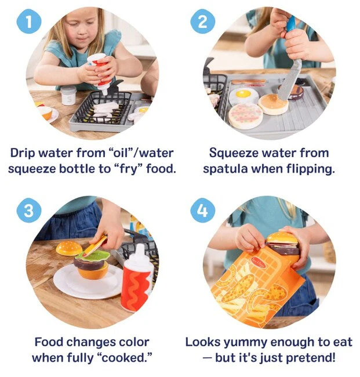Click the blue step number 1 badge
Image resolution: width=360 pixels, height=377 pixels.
click(29, 21)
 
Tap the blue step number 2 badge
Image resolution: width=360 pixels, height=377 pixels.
click(202, 21)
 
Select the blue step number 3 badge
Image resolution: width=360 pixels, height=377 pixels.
click(29, 211)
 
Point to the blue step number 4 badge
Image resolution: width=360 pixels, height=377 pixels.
click(202, 211)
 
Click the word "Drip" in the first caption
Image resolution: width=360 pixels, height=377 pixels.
click(23, 153)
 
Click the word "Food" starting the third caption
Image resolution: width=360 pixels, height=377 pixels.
click(49, 342)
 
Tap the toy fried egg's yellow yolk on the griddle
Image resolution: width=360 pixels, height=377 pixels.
click(243, 94)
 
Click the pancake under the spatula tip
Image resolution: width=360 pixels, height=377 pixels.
click(273, 104)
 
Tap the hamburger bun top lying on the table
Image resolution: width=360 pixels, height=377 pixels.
click(69, 248)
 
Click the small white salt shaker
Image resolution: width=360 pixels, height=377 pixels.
click(68, 95)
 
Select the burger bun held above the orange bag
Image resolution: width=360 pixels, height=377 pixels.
click(282, 238)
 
